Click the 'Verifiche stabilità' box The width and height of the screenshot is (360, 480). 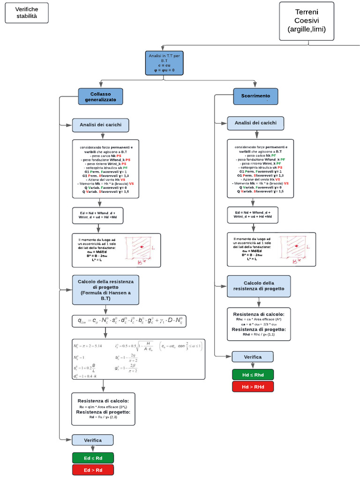[x=27, y=13]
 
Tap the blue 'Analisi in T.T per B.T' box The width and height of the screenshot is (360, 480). [x=164, y=63]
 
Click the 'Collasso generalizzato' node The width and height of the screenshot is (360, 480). [x=100, y=97]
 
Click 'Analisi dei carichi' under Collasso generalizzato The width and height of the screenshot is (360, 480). [x=100, y=125]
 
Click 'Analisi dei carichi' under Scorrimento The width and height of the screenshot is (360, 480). [x=255, y=123]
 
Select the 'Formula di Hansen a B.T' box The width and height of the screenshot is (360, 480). [x=105, y=290]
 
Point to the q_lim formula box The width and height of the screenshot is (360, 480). [x=129, y=321]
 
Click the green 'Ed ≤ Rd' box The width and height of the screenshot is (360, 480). [x=93, y=457]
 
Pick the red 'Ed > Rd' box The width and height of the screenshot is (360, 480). [x=93, y=470]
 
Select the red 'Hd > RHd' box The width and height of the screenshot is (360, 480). [x=253, y=386]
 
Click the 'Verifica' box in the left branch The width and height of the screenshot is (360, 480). [x=93, y=440]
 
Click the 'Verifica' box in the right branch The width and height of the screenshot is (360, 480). [x=253, y=357]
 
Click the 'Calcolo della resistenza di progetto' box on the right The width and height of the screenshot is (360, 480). [x=259, y=286]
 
